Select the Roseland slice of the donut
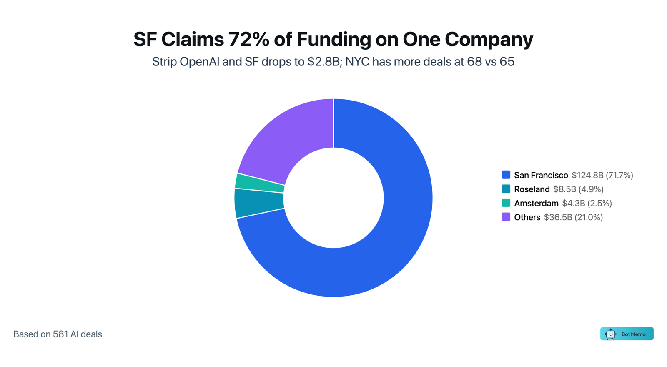pyautogui.click(x=258, y=203)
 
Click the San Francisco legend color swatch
pyautogui.click(x=506, y=175)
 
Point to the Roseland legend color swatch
pyautogui.click(x=506, y=189)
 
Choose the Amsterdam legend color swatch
pyautogui.click(x=506, y=203)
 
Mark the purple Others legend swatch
pyautogui.click(x=506, y=217)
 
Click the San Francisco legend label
pyautogui.click(x=541, y=175)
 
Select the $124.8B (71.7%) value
pyautogui.click(x=602, y=175)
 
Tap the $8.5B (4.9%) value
pyautogui.click(x=578, y=189)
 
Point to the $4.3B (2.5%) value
pyautogui.click(x=587, y=204)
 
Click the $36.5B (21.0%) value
pyautogui.click(x=573, y=217)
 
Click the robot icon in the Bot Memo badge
pyautogui.click(x=611, y=334)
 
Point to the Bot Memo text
pyautogui.click(x=633, y=334)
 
